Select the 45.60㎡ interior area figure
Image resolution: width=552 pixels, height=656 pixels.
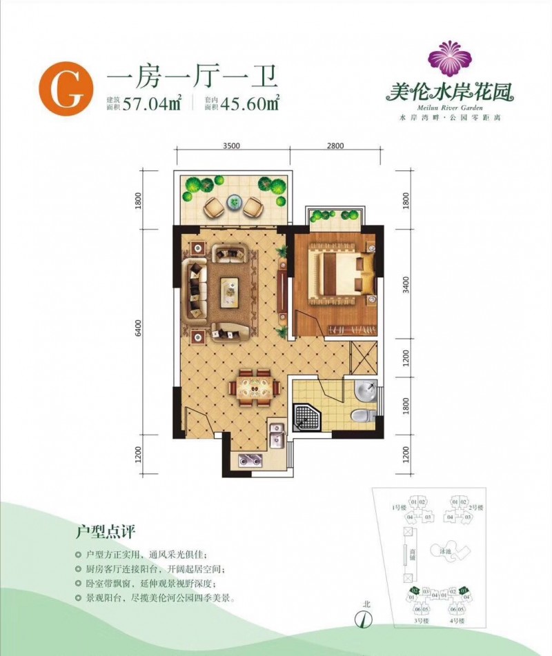[248, 105]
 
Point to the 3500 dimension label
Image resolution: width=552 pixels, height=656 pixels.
[231, 146]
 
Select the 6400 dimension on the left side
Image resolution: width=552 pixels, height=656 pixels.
[139, 328]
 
